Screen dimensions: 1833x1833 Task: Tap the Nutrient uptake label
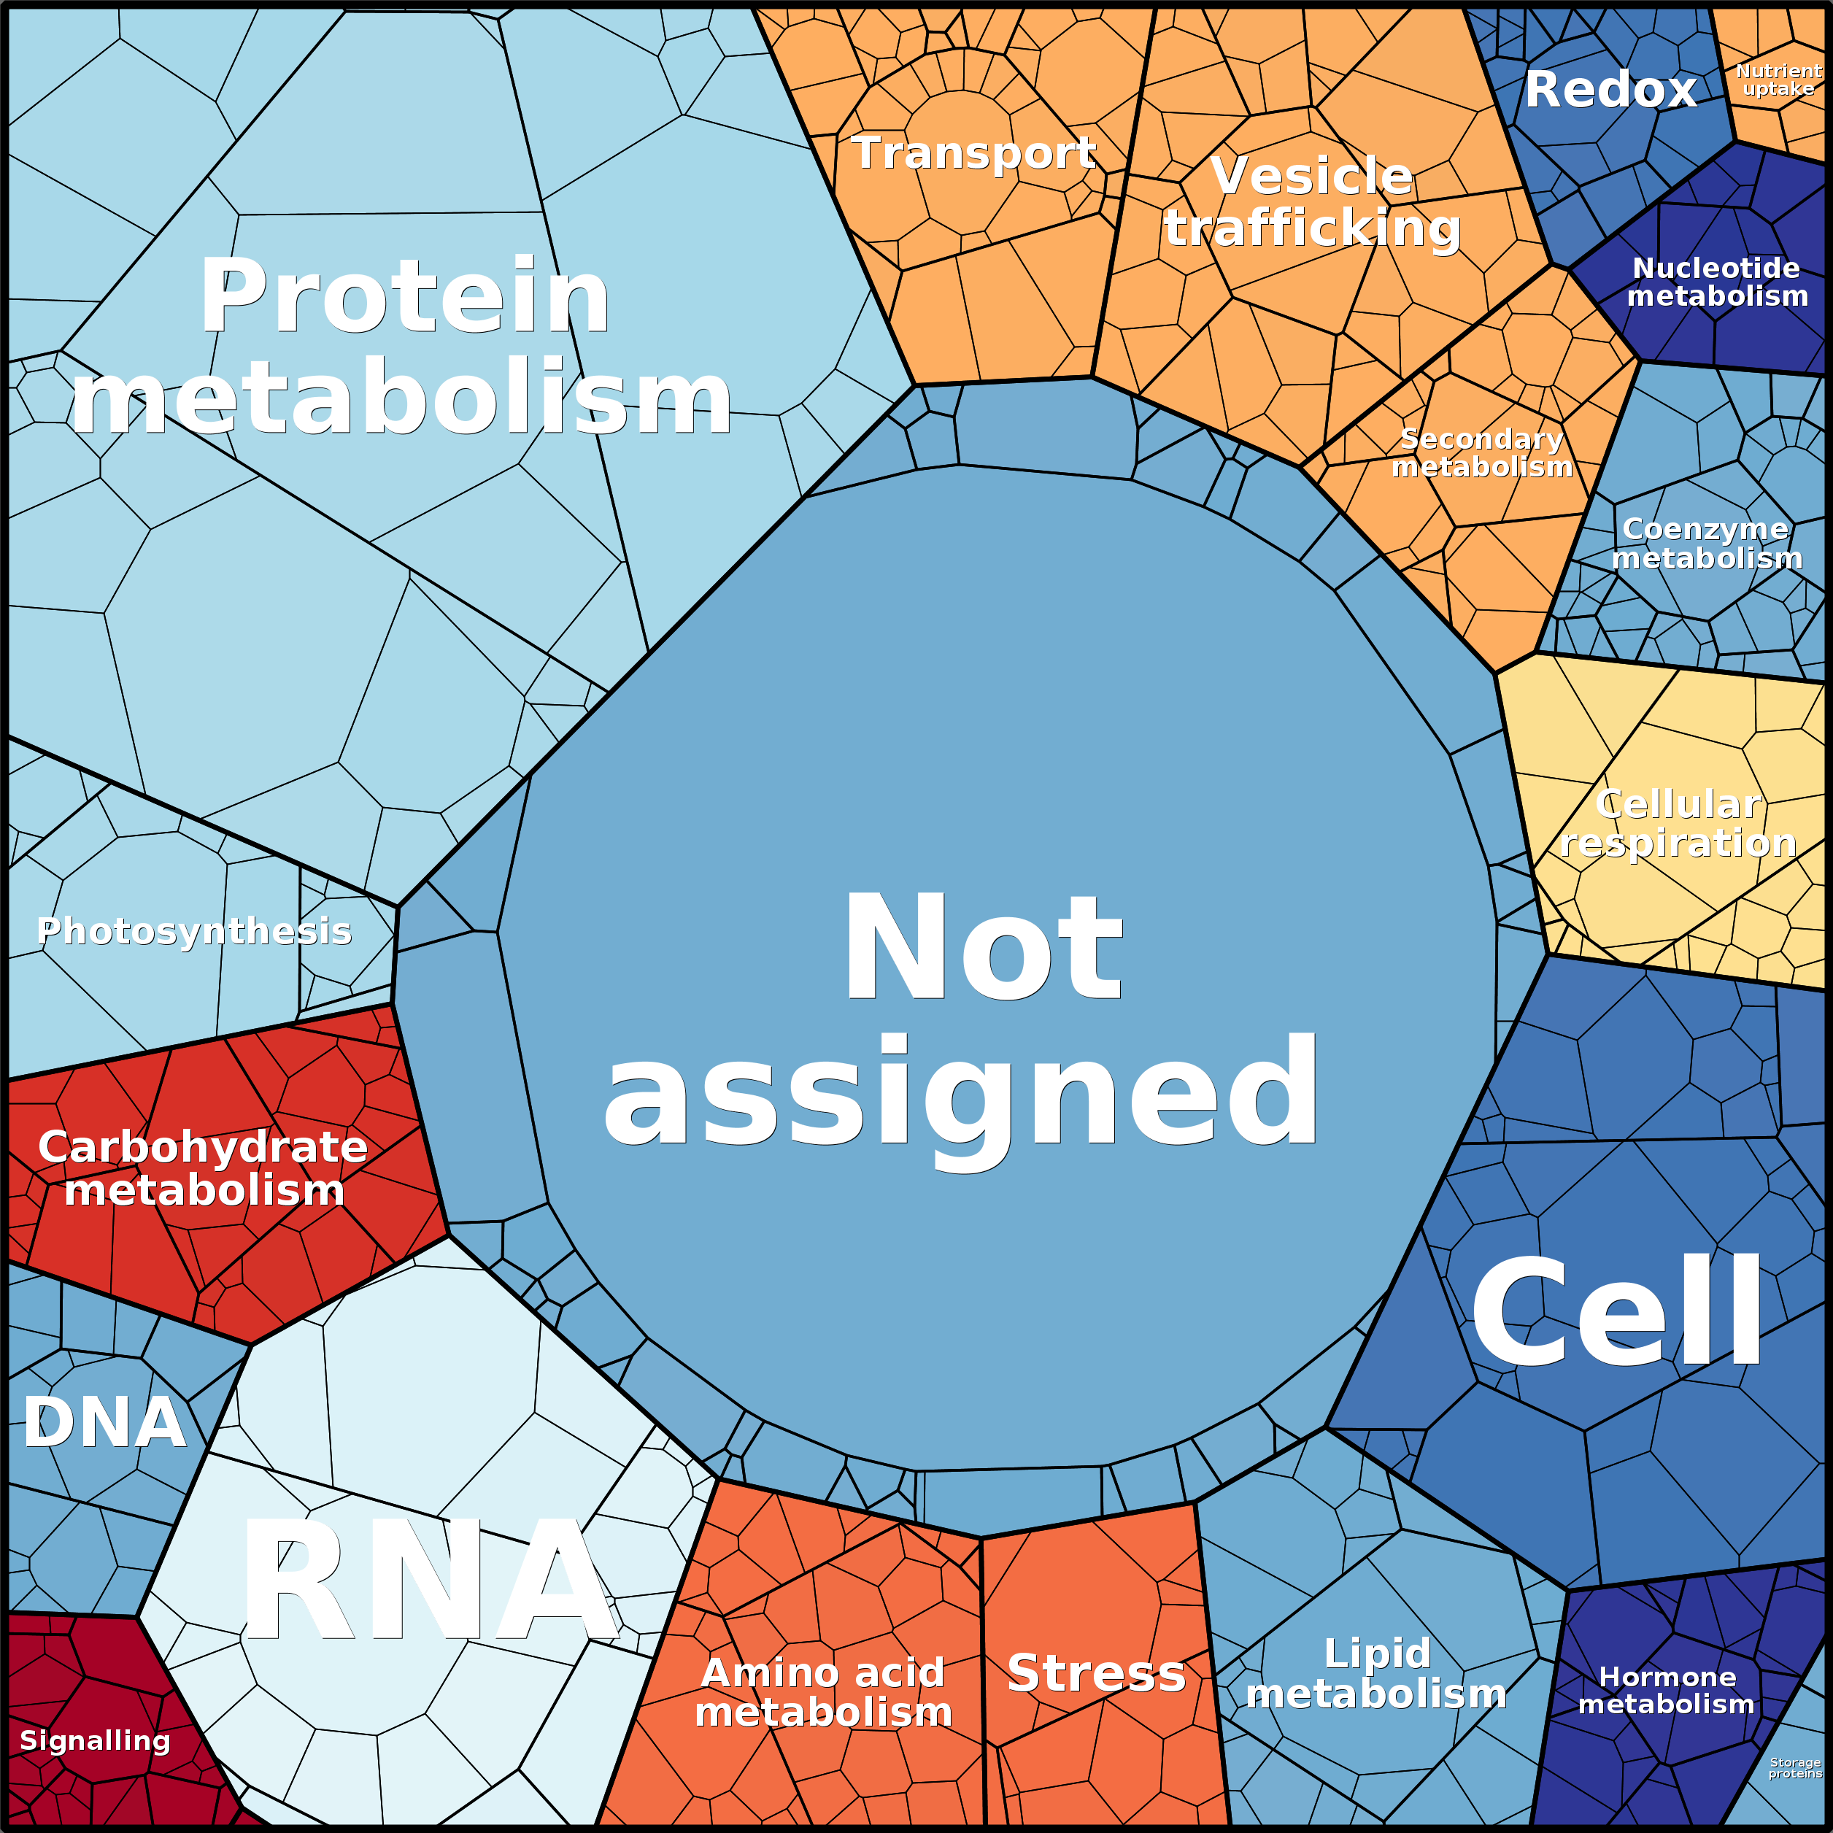(1778, 80)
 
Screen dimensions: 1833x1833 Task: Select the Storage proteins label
(1795, 1767)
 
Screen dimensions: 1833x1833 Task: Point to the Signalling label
(95, 1740)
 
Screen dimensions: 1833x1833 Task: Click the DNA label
(104, 1423)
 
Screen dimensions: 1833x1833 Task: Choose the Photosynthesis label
(195, 932)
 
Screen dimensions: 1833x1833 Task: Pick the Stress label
(1096, 1672)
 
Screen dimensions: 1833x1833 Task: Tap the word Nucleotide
(1716, 269)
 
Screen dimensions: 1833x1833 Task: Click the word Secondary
(1482, 439)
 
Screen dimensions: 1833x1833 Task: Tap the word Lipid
(1377, 1653)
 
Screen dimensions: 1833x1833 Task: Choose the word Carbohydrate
(203, 1147)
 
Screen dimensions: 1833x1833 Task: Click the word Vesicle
(1312, 177)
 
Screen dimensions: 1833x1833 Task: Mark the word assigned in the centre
(960, 1091)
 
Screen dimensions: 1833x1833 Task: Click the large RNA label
(429, 1580)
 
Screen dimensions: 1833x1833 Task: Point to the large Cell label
(1616, 1311)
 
